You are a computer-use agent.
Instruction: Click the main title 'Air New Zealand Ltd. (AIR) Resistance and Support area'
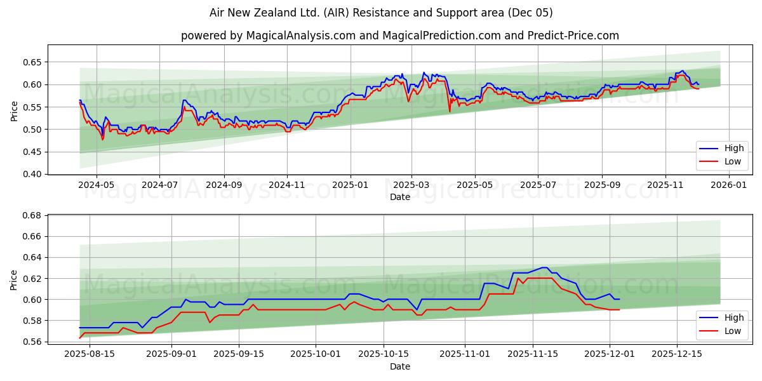381,13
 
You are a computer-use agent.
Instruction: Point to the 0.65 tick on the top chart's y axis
32,62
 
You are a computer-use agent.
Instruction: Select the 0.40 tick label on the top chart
32,174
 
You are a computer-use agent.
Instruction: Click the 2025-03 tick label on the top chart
411,185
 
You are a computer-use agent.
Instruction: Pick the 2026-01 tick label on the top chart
728,185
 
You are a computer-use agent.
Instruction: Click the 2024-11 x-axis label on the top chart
286,185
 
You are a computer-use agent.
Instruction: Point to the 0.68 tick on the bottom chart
32,215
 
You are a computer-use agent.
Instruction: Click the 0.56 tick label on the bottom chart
32,342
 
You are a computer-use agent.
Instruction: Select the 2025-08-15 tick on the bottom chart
90,354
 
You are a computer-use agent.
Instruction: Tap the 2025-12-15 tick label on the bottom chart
676,354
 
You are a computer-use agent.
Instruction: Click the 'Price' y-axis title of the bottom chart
15,279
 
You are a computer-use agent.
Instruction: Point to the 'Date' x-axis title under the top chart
400,197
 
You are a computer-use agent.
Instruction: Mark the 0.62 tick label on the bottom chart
32,278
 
